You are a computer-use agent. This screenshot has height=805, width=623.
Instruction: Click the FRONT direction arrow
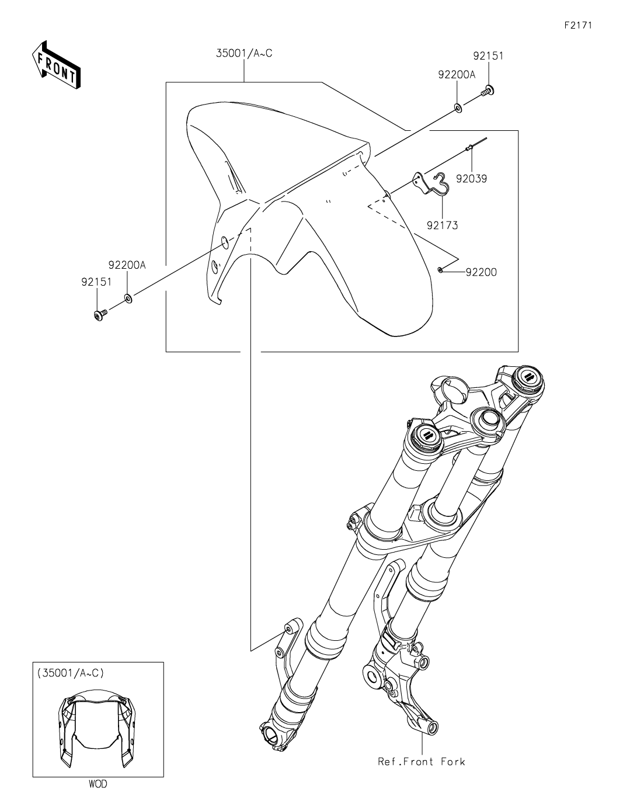click(x=55, y=65)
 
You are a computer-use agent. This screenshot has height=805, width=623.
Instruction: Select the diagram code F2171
click(x=578, y=25)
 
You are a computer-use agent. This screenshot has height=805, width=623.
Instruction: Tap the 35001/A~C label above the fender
click(x=244, y=53)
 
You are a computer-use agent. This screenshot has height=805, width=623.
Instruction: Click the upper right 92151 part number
click(x=488, y=56)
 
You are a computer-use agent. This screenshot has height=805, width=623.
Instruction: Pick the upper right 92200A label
click(x=457, y=74)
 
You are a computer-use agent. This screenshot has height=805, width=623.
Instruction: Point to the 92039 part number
click(x=471, y=179)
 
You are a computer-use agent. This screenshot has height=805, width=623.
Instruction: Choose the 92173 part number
click(x=443, y=225)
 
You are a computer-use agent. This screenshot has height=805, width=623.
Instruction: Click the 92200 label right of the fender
click(x=481, y=272)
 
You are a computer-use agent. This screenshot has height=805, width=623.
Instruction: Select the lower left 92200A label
click(x=127, y=265)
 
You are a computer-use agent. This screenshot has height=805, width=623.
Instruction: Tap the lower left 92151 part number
click(x=96, y=282)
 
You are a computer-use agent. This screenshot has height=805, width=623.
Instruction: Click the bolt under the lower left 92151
click(x=100, y=315)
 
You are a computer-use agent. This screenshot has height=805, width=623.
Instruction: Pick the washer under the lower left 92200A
click(x=128, y=298)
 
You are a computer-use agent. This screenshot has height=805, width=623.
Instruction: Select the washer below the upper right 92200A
click(x=458, y=108)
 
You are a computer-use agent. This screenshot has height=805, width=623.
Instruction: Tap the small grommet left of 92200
click(x=440, y=270)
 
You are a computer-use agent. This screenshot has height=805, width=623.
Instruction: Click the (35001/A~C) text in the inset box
click(x=70, y=672)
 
